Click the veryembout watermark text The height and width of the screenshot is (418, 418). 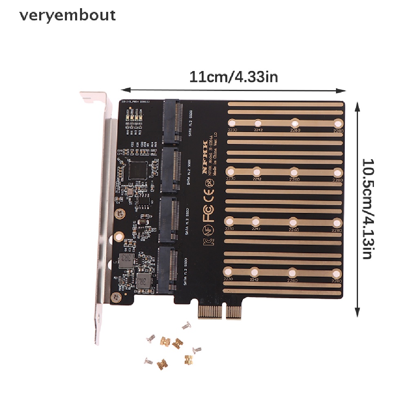tap(67, 16)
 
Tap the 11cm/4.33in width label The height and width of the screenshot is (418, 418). tap(234, 76)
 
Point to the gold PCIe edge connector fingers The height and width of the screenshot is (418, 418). tap(221, 312)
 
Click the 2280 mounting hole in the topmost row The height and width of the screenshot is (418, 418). tap(338, 124)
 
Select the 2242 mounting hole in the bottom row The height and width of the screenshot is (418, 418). tap(254, 272)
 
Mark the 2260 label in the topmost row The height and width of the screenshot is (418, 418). tap(295, 131)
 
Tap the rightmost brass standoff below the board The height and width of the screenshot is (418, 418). tap(189, 360)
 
